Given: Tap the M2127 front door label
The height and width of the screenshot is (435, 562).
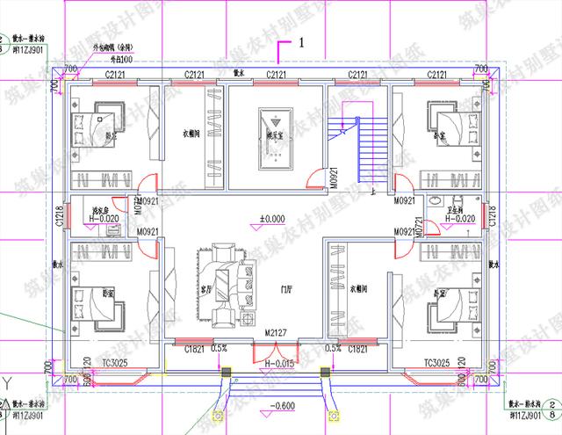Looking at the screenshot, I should point(277,335).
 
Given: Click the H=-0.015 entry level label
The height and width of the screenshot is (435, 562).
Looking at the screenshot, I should point(278,361).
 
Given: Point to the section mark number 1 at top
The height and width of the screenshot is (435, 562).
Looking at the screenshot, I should point(300,41).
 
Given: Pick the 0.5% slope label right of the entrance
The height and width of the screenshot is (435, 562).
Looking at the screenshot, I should point(334,348).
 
